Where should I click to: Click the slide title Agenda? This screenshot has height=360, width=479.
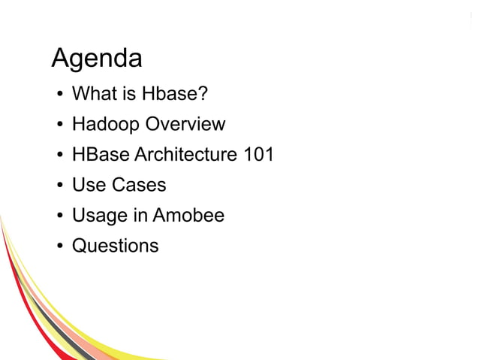(96, 59)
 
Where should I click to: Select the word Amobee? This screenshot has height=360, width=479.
(188, 216)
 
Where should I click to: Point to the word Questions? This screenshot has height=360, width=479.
(115, 246)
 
